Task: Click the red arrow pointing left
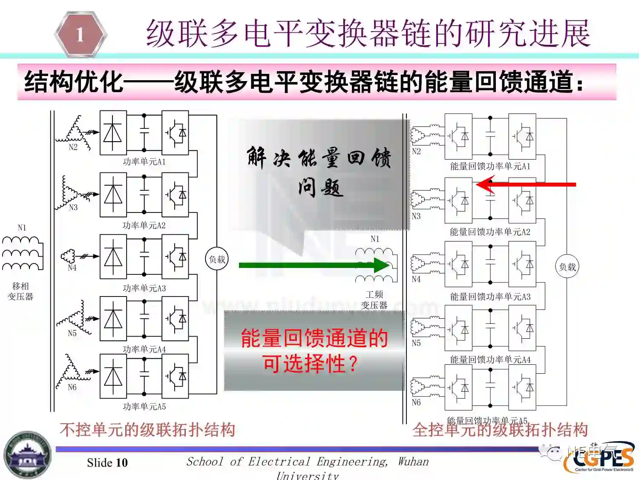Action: [x=526, y=185]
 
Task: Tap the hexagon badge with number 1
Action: [x=81, y=34]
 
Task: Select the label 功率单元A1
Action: [x=144, y=162]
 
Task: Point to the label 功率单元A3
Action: [x=144, y=288]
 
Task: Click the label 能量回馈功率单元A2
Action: [x=490, y=232]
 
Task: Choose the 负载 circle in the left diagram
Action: [x=217, y=259]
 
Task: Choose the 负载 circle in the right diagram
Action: [x=567, y=267]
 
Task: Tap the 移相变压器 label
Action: [x=20, y=291]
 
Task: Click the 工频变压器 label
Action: [x=374, y=300]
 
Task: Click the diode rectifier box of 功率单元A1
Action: [x=113, y=133]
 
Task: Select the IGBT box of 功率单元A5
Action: [x=175, y=376]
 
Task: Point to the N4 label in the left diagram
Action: [x=72, y=268]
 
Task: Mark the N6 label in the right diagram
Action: [x=416, y=402]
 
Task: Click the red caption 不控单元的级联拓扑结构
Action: [x=147, y=430]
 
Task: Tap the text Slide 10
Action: [x=107, y=463]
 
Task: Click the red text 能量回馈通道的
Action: [x=314, y=338]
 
